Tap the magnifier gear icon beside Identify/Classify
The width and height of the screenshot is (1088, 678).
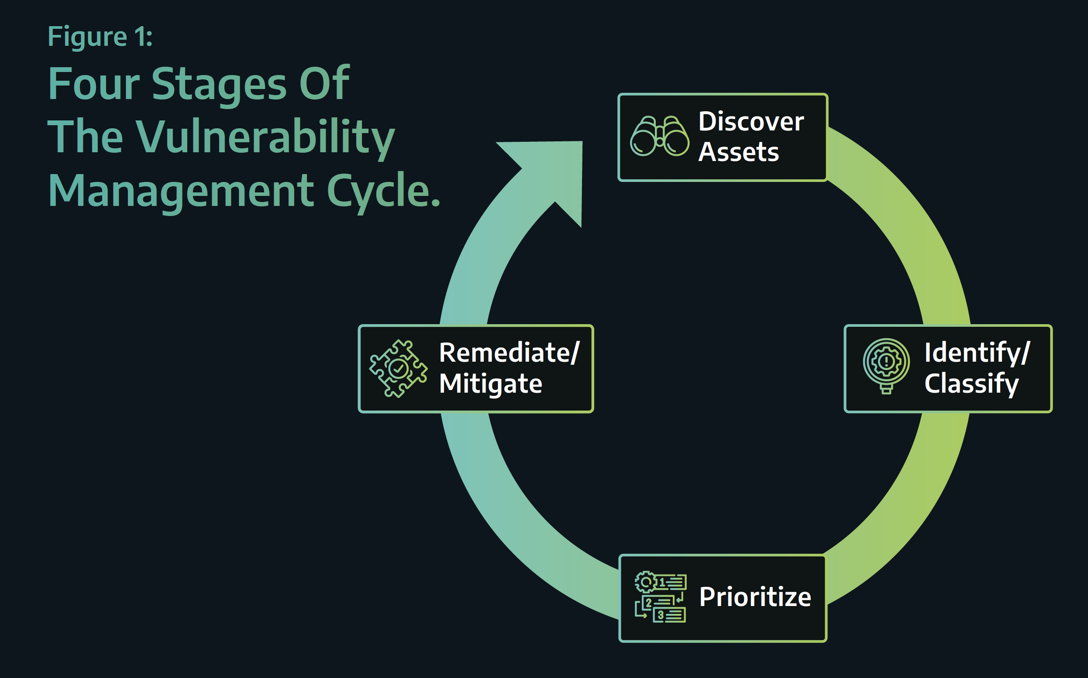coord(886,366)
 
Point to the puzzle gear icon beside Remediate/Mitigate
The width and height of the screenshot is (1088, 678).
coord(398,369)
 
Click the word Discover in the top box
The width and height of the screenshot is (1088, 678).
coord(751,122)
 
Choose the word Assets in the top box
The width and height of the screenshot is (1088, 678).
coord(738,152)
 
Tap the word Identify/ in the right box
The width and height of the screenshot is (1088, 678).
coord(977,353)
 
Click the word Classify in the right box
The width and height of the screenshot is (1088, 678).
coord(971,384)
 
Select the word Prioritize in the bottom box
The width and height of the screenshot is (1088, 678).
coord(755,597)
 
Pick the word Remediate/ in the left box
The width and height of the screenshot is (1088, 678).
coord(509,353)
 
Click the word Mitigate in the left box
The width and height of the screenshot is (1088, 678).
coord(491,384)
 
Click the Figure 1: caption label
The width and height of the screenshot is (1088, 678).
coord(100,37)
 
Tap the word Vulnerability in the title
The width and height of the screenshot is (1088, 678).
coord(265,137)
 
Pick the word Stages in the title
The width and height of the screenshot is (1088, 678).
coord(219,85)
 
